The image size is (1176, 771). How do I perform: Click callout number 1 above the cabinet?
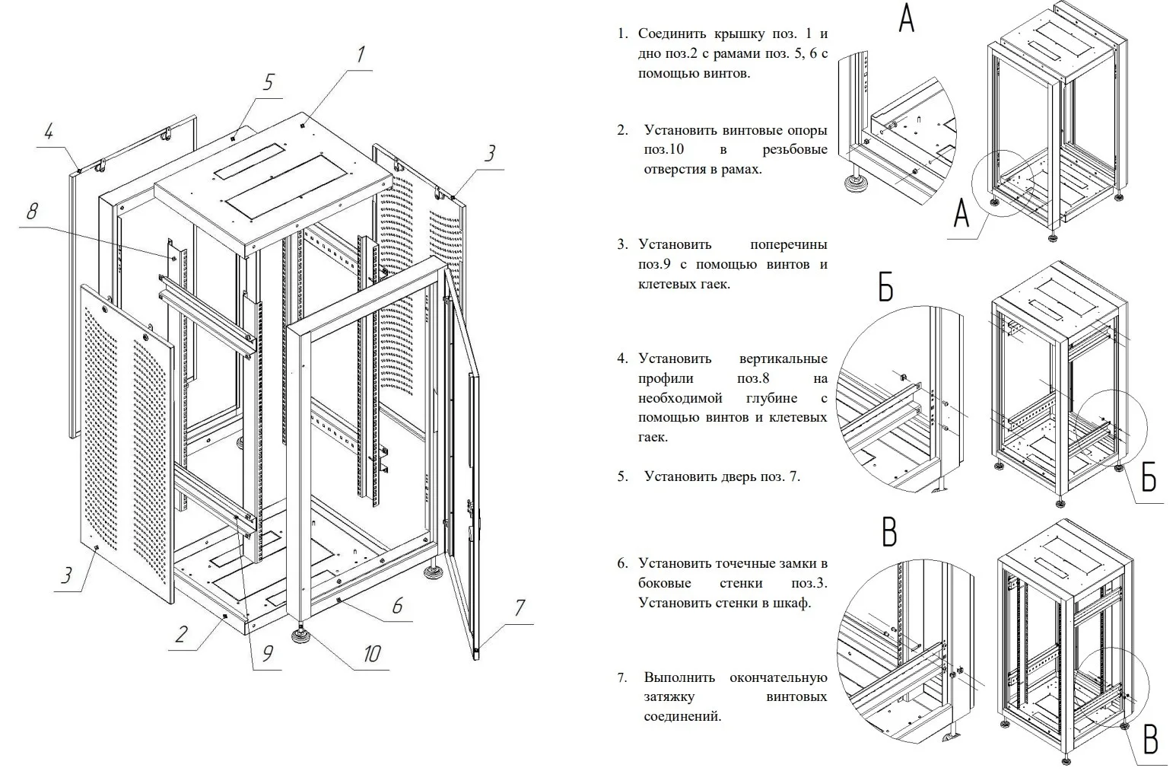360,54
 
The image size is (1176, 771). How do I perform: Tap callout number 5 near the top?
268,82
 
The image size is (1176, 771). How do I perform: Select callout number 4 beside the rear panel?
49,132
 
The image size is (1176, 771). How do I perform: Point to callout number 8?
32,211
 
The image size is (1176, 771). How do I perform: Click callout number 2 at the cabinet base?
180,633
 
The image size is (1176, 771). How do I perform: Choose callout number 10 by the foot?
371,654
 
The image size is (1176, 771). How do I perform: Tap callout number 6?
397,606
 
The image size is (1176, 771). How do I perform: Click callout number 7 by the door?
519,607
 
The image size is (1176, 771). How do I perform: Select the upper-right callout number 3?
491,154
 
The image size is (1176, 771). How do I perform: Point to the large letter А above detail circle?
906,18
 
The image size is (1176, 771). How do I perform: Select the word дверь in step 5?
738,476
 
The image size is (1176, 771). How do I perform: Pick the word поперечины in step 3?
788,244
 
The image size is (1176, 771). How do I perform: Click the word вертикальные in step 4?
783,358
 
